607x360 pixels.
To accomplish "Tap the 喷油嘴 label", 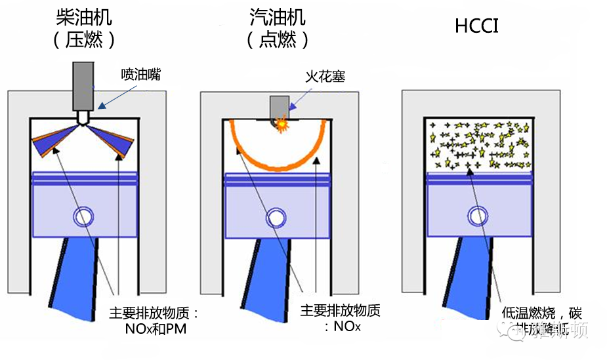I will pos(140,75).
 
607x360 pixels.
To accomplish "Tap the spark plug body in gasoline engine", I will pos(280,105).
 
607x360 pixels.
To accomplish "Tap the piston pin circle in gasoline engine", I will pos(276,217).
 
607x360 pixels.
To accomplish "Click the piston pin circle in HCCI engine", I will pos(477,216).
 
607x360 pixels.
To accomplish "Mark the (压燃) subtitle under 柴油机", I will pos(83,41).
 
